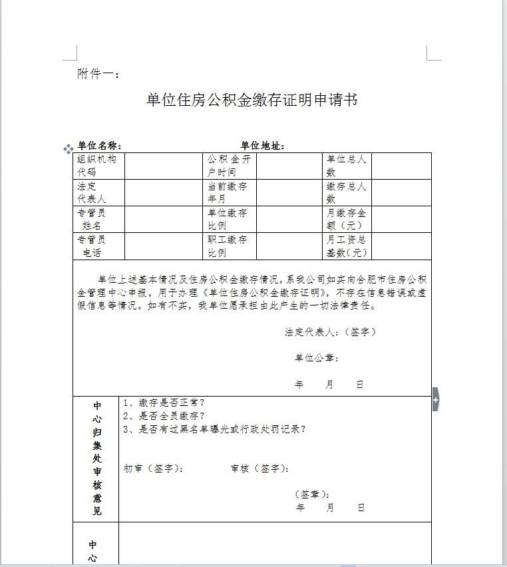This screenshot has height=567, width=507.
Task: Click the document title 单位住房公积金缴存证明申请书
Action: (x=252, y=100)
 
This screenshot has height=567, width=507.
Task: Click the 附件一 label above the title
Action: (x=98, y=74)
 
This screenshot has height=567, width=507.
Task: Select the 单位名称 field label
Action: (x=99, y=146)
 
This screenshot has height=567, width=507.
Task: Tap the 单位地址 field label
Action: (x=263, y=146)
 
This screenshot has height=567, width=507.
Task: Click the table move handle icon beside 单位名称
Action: (x=67, y=148)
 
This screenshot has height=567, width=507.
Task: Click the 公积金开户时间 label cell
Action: (x=228, y=166)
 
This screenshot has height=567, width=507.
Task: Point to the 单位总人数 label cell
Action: (x=346, y=166)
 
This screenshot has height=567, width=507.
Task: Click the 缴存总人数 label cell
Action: (x=346, y=192)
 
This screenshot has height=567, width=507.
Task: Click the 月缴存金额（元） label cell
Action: (x=346, y=219)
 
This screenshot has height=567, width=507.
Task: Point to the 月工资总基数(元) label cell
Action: (x=347, y=246)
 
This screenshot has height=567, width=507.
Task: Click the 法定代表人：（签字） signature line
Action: (x=330, y=331)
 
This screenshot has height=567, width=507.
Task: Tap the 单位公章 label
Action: (x=317, y=358)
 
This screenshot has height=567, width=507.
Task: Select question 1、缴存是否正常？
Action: (x=164, y=403)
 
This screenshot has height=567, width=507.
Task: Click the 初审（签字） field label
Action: (x=154, y=469)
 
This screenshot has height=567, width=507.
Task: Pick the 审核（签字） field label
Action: (x=260, y=469)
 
